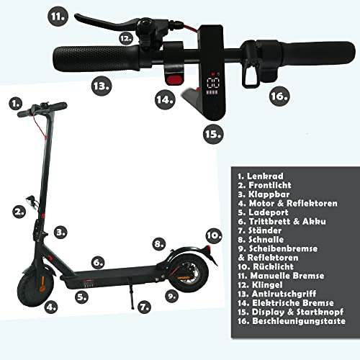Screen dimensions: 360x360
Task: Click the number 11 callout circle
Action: point(58,17)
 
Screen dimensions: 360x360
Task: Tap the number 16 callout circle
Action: point(279,96)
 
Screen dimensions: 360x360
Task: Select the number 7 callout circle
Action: point(144,307)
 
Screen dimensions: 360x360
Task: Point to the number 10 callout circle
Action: point(214,235)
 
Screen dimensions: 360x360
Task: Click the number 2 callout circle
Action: point(19,212)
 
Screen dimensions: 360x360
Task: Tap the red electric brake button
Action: point(174,79)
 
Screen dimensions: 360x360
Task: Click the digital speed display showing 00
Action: point(213,84)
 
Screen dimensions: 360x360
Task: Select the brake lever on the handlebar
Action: point(106,23)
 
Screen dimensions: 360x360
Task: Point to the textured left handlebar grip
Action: point(96,58)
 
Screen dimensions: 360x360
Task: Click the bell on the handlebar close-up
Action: point(145,25)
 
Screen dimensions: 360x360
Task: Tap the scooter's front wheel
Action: point(35,289)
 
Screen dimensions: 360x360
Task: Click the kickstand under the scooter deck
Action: point(130,294)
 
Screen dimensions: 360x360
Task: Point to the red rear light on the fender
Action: point(210,248)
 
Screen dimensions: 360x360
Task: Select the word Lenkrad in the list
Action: point(265,176)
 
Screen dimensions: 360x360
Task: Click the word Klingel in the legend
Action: point(267,285)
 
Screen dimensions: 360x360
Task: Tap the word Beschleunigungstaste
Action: point(299,321)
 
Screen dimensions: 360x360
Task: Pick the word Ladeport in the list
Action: point(269,212)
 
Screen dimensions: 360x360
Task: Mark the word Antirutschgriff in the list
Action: point(284,294)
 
